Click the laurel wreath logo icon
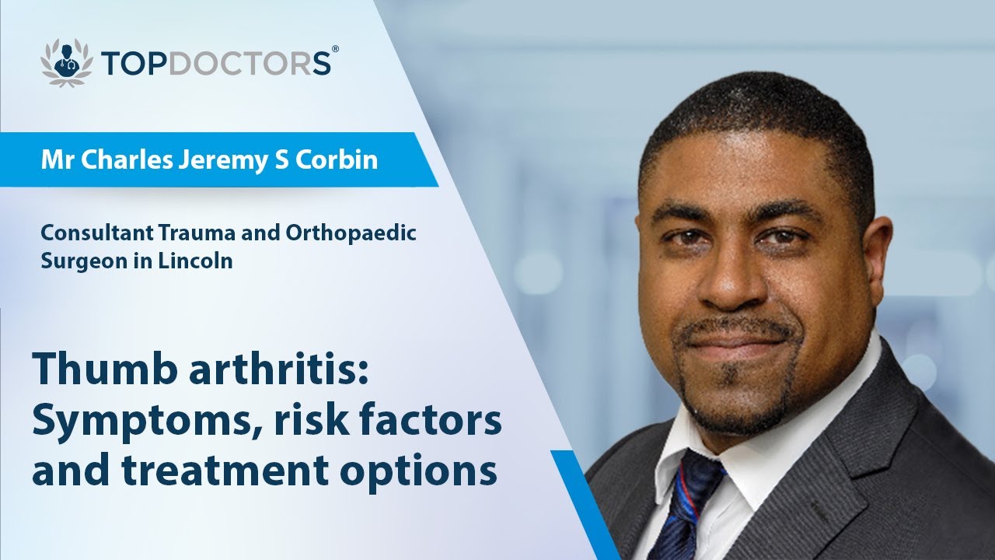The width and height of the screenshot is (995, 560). pos(67,61)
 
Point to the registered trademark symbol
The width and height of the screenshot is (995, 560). pos(335,49)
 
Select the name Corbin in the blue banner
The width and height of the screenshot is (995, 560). pos(343,160)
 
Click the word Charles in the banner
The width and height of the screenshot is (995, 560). pos(110,160)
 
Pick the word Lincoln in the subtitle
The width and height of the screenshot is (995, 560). pos(201,261)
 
